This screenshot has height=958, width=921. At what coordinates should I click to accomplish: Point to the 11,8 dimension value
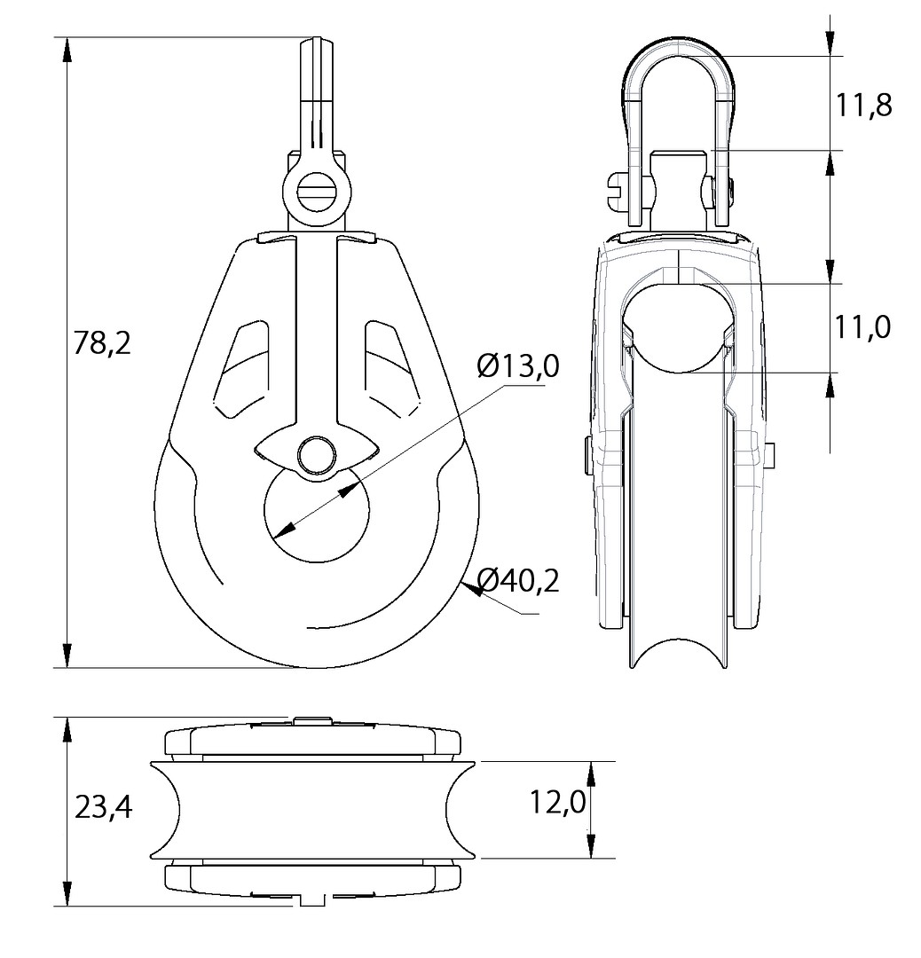click(x=863, y=106)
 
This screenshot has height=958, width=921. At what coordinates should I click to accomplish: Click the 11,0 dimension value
click(x=862, y=328)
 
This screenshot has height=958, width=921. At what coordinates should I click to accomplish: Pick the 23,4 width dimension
click(x=103, y=809)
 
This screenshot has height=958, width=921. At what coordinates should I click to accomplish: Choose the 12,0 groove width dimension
click(x=557, y=801)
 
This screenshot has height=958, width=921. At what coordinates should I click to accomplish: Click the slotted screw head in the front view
click(x=316, y=191)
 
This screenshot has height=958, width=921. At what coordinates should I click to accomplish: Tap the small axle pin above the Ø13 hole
click(x=316, y=454)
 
